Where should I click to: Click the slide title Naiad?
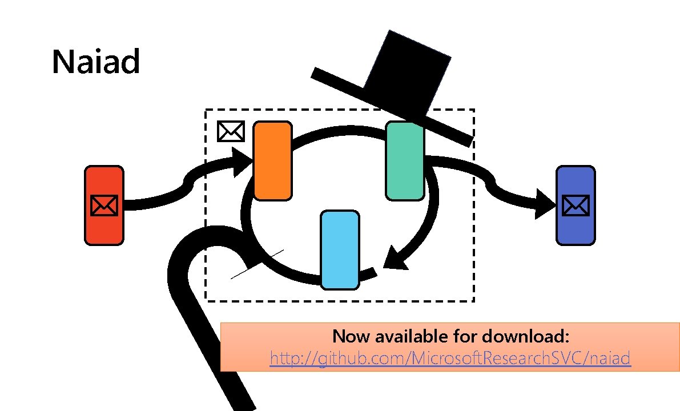pyautogui.click(x=96, y=62)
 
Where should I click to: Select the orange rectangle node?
pyautogui.click(x=272, y=161)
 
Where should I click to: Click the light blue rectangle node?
pyautogui.click(x=340, y=249)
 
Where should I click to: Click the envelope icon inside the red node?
pyautogui.click(x=104, y=205)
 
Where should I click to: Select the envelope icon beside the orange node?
pyautogui.click(x=231, y=131)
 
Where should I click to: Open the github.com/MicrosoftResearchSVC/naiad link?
pyautogui.click(x=450, y=358)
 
